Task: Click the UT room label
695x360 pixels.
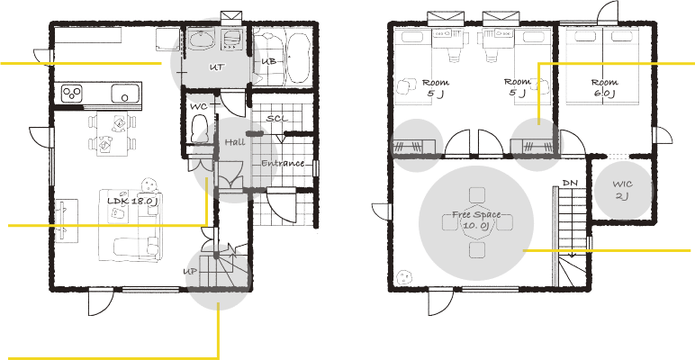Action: pyautogui.click(x=217, y=67)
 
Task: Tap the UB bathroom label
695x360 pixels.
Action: pyautogui.click(x=268, y=61)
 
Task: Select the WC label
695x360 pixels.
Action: pyautogui.click(x=199, y=107)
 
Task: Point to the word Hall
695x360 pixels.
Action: pyautogui.click(x=235, y=142)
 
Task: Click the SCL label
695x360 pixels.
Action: pyautogui.click(x=277, y=119)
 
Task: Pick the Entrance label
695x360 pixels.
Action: pyautogui.click(x=283, y=163)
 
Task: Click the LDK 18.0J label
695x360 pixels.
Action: pyautogui.click(x=132, y=201)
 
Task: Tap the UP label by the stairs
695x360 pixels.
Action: pyautogui.click(x=190, y=272)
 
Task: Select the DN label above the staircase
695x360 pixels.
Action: pyautogui.click(x=570, y=183)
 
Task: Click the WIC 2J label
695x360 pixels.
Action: pyautogui.click(x=622, y=190)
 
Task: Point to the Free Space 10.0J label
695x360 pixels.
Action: pyautogui.click(x=476, y=220)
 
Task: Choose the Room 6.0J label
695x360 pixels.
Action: pyautogui.click(x=605, y=87)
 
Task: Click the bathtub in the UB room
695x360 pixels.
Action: pyautogui.click(x=298, y=58)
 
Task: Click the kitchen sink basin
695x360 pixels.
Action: pyautogui.click(x=125, y=94)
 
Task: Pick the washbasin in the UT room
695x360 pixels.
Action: pyautogui.click(x=202, y=40)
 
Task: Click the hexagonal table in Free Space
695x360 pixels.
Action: pyautogui.click(x=477, y=223)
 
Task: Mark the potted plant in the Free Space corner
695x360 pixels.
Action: pyautogui.click(x=404, y=277)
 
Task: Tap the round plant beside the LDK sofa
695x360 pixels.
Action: pyautogui.click(x=149, y=184)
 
